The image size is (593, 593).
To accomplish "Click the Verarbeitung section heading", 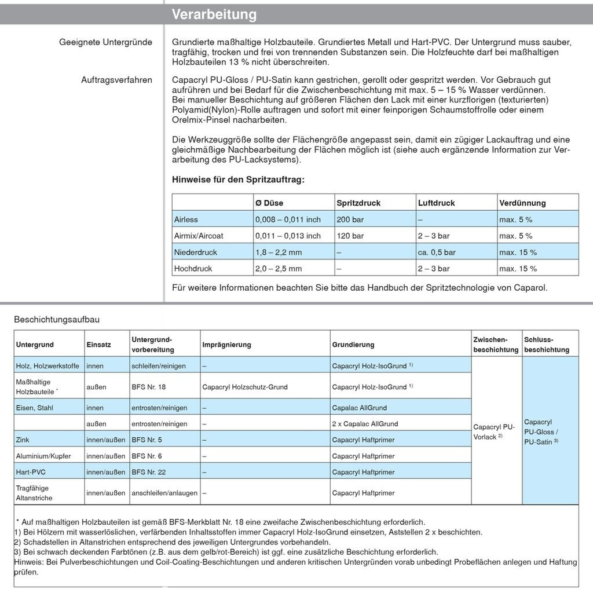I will tap(214, 14).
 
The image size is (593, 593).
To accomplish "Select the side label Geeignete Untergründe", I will tap(105, 42).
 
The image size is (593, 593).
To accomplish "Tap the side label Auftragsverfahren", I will tap(116, 80).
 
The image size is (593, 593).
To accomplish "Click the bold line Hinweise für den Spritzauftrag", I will tap(238, 180).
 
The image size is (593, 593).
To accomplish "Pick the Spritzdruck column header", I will tap(358, 203).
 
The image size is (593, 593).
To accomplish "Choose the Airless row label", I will tap(186, 219).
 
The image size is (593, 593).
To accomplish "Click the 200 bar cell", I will tap(350, 219).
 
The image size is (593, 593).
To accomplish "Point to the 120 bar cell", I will tap(350, 236).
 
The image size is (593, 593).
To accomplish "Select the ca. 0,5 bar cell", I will tap(437, 252).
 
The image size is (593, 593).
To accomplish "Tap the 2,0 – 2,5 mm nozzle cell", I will tap(279, 269).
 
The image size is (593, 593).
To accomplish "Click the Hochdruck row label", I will tap(193, 269).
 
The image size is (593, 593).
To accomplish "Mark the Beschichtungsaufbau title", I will tap(53, 319).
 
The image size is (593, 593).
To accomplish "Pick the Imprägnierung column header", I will tap(226, 345).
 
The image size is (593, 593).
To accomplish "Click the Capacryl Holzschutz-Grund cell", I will tap(245, 387).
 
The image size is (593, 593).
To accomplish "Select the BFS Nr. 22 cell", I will tap(149, 472).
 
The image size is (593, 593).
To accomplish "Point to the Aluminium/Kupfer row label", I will tap(43, 456).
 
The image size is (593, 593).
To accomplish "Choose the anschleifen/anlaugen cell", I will tap(164, 493).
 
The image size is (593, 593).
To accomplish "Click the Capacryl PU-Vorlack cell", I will tap(494, 431).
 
